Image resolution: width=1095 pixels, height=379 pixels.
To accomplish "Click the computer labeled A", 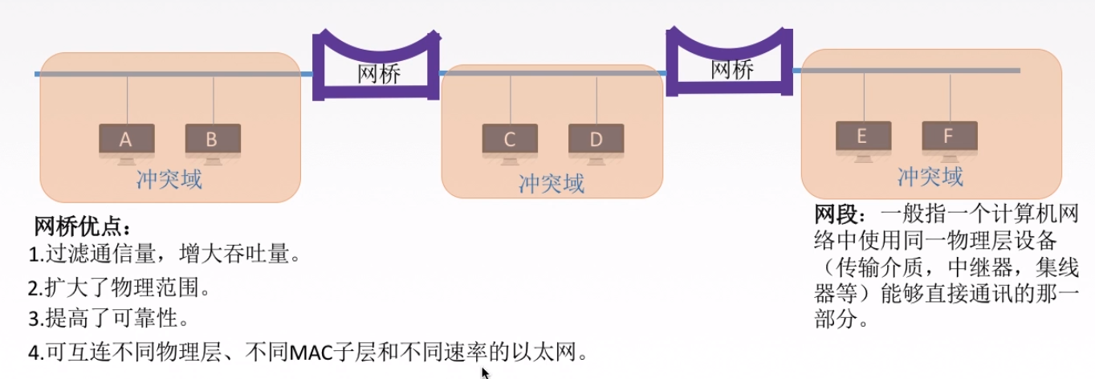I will point(127,140).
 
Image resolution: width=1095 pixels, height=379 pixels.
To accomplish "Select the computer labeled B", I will point(213,140).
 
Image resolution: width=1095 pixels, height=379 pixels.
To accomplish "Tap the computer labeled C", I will point(510,140).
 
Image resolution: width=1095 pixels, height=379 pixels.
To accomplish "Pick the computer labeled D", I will point(596,140).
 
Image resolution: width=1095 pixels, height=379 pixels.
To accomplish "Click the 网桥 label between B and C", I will point(379,74).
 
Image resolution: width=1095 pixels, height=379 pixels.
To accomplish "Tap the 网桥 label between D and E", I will point(732,70).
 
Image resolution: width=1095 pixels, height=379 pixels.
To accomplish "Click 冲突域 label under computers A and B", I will point(169,178).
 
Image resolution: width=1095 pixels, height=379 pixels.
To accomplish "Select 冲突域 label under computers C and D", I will point(552,184).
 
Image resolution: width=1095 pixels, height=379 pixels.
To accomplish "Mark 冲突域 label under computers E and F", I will point(930,176).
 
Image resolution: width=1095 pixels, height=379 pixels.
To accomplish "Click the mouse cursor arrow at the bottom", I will point(485,373).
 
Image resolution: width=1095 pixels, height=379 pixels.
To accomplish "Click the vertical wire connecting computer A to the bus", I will point(127,100).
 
